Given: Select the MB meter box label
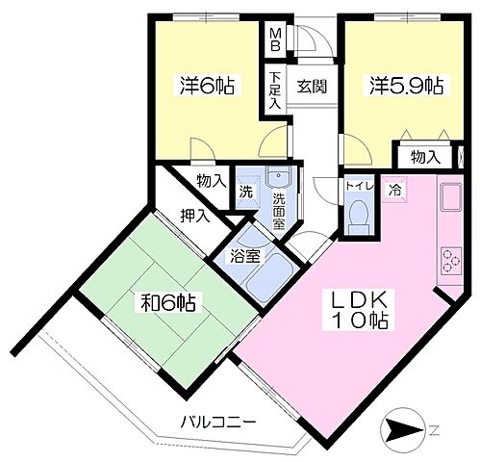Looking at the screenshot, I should (x=275, y=38).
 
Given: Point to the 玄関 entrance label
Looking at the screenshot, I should (x=311, y=85).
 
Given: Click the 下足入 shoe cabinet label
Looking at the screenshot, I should (x=276, y=91).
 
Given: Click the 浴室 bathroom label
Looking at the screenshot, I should (x=243, y=256).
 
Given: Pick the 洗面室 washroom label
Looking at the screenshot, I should (x=278, y=210).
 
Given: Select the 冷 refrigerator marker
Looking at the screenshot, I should (x=395, y=190).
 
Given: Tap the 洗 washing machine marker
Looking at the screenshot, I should (x=247, y=192).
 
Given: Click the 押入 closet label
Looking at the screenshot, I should (x=194, y=214).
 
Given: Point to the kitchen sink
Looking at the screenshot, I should (x=450, y=199).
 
